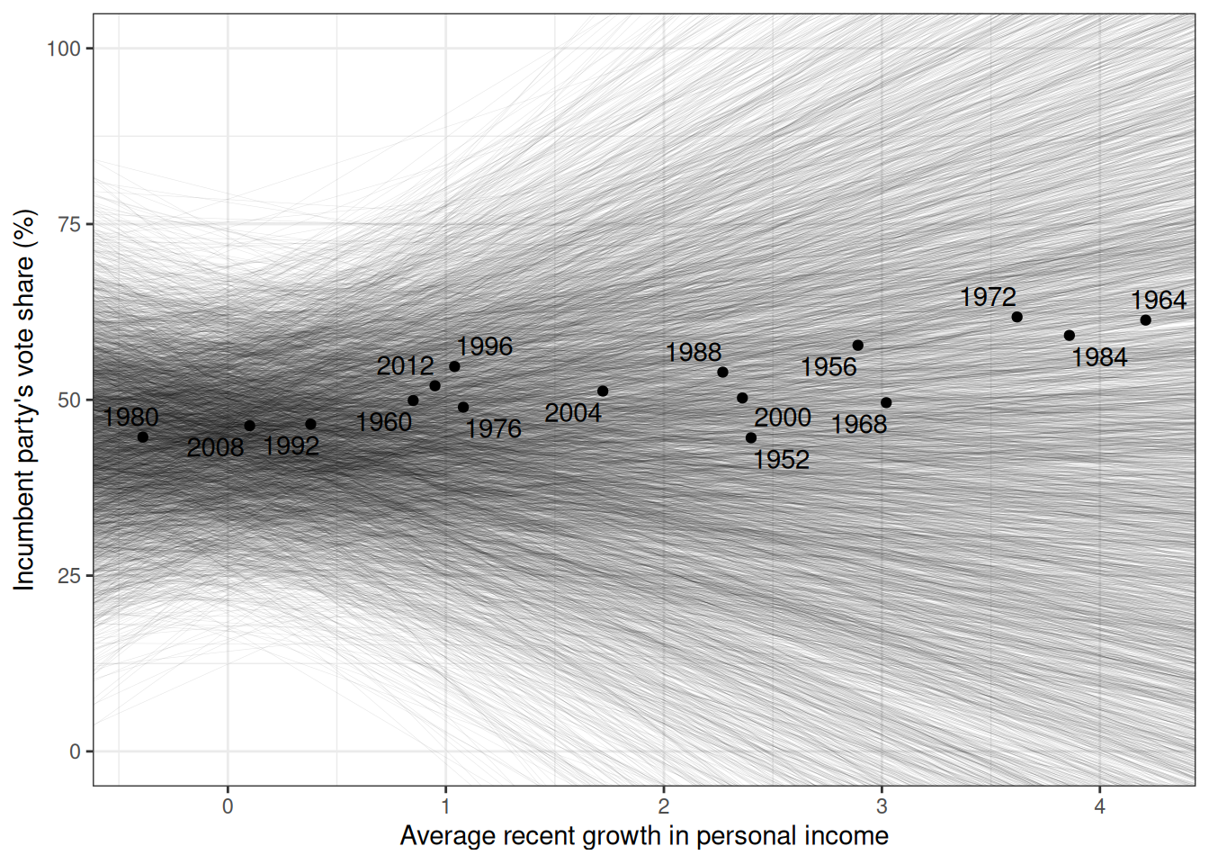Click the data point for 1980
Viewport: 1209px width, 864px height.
[142, 436]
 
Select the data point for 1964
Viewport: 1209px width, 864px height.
[1145, 320]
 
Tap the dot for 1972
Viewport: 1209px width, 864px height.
[1016, 317]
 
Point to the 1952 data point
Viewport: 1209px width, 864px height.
[751, 437]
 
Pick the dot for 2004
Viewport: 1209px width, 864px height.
[603, 391]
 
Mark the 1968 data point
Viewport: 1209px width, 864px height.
[886, 402]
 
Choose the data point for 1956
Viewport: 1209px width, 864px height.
[857, 345]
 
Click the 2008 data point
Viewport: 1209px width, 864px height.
[249, 426]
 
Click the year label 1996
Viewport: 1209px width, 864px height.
[484, 346]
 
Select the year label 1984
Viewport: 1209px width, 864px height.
[1099, 357]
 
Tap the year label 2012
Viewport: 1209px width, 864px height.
[405, 366]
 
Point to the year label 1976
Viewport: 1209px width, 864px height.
[493, 428]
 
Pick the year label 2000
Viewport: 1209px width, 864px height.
[783, 418]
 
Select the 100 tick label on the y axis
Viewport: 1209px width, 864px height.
[63, 49]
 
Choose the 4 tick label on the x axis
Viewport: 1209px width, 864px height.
[1099, 806]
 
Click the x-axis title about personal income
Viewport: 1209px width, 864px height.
[644, 836]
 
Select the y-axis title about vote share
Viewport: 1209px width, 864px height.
[25, 400]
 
